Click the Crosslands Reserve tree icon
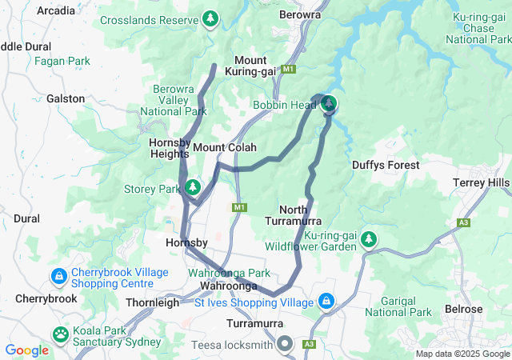(x=210, y=18)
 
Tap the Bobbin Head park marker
(x=329, y=104)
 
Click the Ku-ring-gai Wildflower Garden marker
(x=368, y=238)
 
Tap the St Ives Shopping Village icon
(x=326, y=302)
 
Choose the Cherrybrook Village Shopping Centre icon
(x=58, y=277)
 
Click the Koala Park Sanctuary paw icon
(x=61, y=333)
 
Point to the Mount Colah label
(x=224, y=148)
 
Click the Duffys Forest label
(x=385, y=165)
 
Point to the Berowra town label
(x=300, y=14)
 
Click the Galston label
(x=66, y=98)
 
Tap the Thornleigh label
(x=153, y=303)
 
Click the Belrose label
(x=464, y=310)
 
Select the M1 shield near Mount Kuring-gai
(x=289, y=70)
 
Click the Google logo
(x=26, y=350)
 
